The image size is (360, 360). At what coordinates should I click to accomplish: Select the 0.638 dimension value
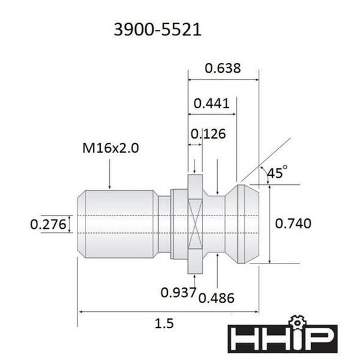click(x=222, y=68)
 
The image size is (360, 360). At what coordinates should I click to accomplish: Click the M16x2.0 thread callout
click(x=110, y=148)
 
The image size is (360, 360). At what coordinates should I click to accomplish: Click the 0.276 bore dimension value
click(x=48, y=225)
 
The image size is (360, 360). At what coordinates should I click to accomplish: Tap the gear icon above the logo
click(x=297, y=320)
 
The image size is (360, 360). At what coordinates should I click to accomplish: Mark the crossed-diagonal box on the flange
click(x=195, y=224)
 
